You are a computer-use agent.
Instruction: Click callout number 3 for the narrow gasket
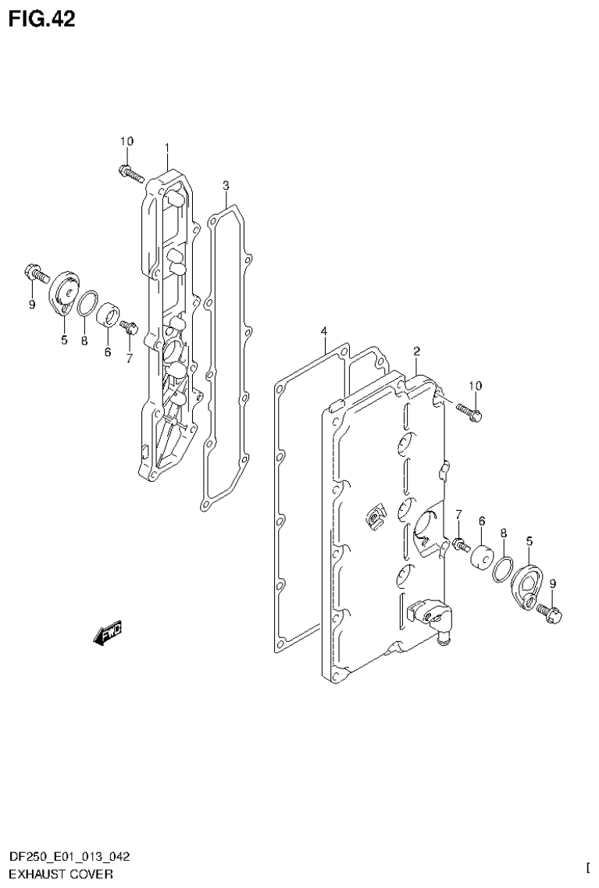point(225,185)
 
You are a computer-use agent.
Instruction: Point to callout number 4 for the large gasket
point(323,333)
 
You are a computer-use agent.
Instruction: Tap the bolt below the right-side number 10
point(469,411)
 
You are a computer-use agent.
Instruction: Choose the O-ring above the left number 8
point(88,303)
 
